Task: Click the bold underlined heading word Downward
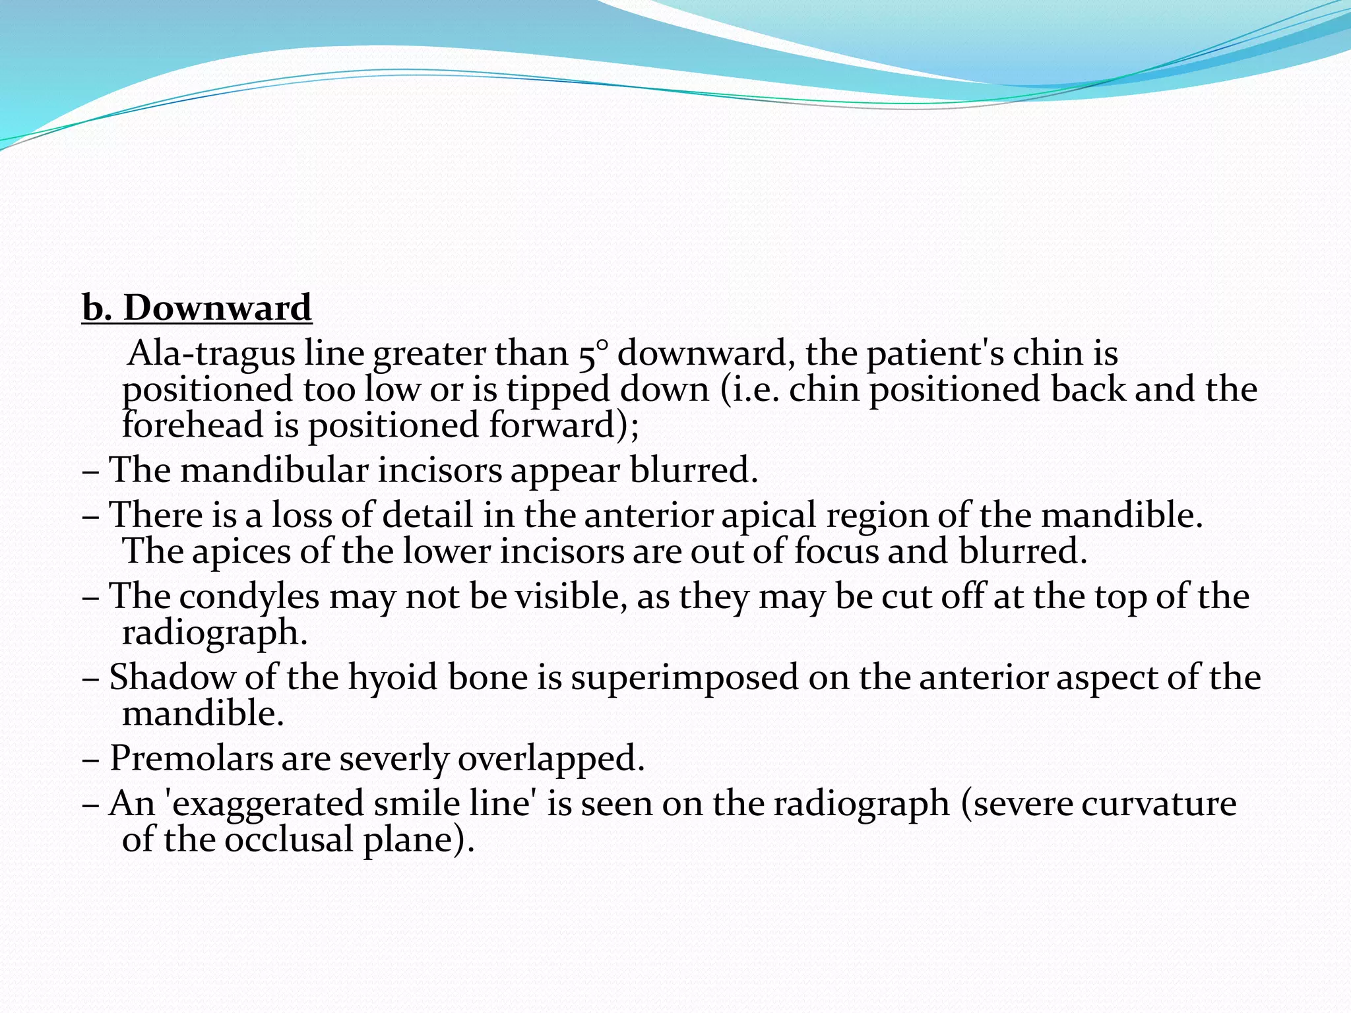pos(217,308)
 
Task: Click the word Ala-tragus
pos(210,353)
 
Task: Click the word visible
pos(571,596)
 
